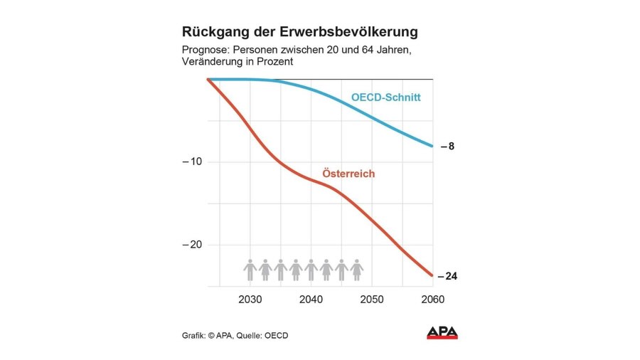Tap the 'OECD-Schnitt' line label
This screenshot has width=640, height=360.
point(386,97)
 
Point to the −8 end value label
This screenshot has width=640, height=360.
point(447,147)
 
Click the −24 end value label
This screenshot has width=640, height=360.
point(447,275)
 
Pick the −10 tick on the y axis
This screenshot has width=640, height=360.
point(193,162)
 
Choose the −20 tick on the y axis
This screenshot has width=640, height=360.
point(193,245)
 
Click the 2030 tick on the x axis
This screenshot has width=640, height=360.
point(250,300)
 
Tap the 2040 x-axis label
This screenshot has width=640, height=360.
point(311,300)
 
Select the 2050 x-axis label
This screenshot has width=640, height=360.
point(372,300)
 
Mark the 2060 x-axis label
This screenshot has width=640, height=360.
point(432,300)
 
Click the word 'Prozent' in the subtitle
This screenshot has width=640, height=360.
point(277,63)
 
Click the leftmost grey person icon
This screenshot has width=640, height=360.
point(250,270)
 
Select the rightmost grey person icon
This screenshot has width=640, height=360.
point(357,270)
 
